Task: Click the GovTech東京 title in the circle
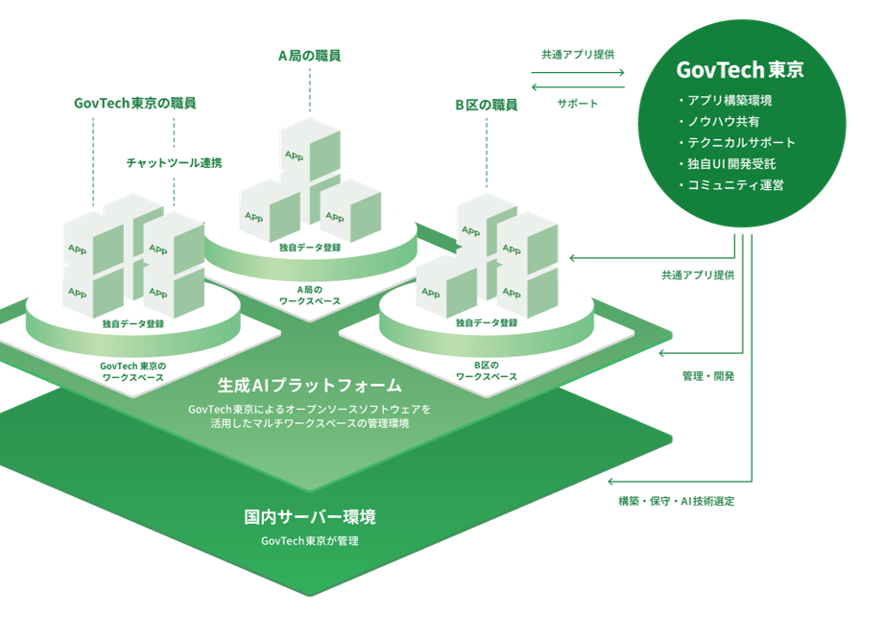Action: point(740,70)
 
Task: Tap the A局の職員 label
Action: point(309,56)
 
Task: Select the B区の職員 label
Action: point(486,105)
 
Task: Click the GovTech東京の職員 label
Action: point(141,102)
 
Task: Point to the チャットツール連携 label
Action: point(174,163)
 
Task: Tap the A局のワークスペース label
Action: point(310,294)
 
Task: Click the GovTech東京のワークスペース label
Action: point(133,370)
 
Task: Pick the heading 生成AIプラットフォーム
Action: point(309,386)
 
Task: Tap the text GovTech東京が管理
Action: point(309,541)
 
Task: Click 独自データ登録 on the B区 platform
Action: point(487,323)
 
